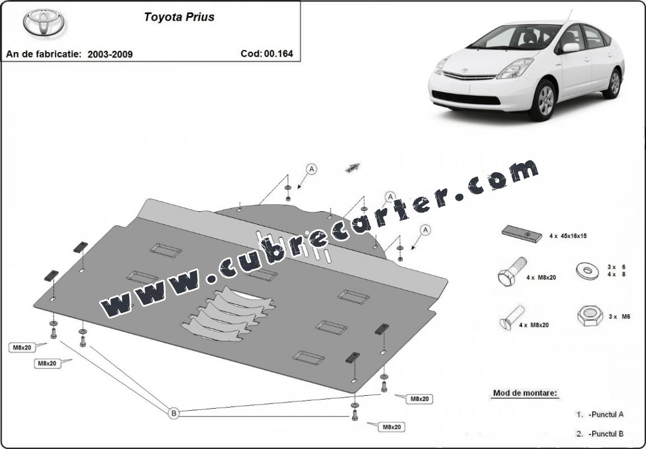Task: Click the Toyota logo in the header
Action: [x=44, y=22]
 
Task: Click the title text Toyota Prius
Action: [x=179, y=17]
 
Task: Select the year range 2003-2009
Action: [x=110, y=54]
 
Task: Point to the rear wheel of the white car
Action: [x=614, y=84]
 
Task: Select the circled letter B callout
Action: [x=174, y=413]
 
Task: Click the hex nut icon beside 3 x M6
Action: [x=590, y=316]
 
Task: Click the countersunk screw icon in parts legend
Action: [x=512, y=318]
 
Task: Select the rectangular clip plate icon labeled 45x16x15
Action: [x=522, y=234]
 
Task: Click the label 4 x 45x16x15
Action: [x=567, y=236]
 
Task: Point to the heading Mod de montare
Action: [x=525, y=393]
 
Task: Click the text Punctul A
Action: [x=606, y=414]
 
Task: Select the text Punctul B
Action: [x=606, y=434]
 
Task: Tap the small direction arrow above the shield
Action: [x=353, y=168]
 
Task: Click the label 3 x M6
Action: [x=619, y=317]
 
